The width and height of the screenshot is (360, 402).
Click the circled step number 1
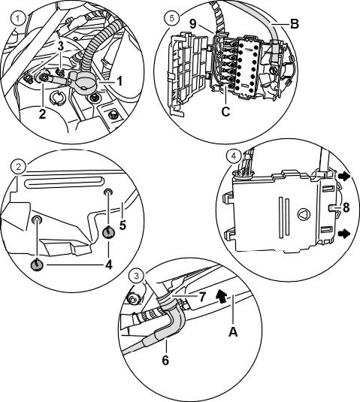[18, 19]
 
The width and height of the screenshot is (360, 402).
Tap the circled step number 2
[19, 167]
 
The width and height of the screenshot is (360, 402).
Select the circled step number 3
[137, 276]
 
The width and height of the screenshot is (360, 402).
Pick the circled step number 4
[233, 156]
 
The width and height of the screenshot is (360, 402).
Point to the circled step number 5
[172, 19]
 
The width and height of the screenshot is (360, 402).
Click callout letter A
[233, 332]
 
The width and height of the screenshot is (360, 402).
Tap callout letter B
[295, 24]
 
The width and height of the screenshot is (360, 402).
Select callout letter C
[225, 111]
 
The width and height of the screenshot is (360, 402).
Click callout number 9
[193, 24]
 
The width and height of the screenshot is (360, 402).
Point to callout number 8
[346, 207]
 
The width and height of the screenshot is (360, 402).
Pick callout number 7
[202, 297]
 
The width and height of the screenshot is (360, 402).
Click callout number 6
[165, 360]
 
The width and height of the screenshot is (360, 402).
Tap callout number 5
[123, 225]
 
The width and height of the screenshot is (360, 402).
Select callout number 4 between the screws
[109, 264]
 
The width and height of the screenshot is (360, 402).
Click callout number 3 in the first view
[61, 46]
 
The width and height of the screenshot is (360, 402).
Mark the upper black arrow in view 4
[344, 177]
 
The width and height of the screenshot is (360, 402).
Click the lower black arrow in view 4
[344, 234]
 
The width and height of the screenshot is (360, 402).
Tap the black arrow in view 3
[221, 296]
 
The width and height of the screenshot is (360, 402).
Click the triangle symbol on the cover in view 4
[304, 214]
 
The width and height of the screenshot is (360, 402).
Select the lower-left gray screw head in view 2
[37, 264]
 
